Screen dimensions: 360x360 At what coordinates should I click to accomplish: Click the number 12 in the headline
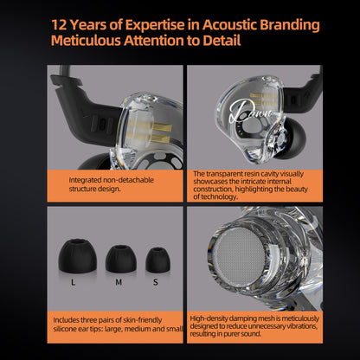[x=59, y=25]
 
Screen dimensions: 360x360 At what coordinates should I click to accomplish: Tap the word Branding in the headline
[x=290, y=25]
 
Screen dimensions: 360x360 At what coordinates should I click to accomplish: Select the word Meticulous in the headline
[x=86, y=41]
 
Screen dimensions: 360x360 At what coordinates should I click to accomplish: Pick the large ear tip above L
[x=77, y=256]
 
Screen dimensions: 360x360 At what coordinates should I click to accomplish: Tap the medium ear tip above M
[x=121, y=259]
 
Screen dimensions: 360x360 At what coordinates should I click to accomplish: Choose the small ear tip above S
[x=157, y=260]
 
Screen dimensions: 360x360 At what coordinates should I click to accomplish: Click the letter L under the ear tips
[x=73, y=282]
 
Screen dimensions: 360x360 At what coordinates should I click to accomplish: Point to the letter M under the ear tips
[x=119, y=282]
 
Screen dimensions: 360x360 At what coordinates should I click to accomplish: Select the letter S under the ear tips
[x=156, y=282]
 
